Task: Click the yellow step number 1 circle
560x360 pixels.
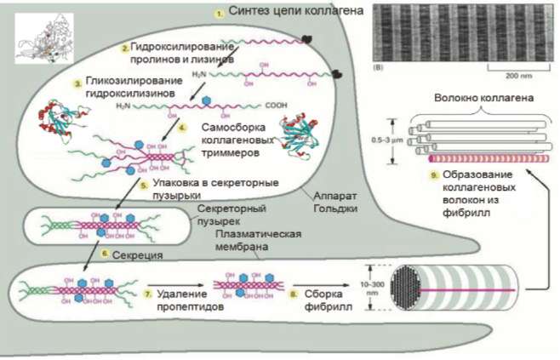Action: pyautogui.click(x=219, y=14)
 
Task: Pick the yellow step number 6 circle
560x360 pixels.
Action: pyautogui.click(x=105, y=253)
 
